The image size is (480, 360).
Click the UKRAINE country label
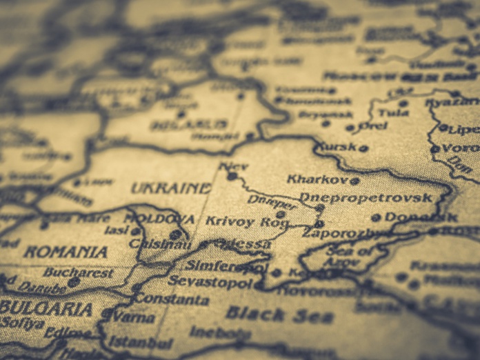point(171,188)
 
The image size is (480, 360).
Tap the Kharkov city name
point(317,179)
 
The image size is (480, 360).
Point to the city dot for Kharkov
point(354,181)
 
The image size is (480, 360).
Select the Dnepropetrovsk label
point(366,198)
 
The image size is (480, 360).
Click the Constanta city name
point(172,299)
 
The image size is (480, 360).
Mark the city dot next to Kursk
point(363,148)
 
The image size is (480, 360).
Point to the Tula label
point(393,112)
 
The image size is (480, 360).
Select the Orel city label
point(373,127)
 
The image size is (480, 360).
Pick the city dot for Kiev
point(232,177)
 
